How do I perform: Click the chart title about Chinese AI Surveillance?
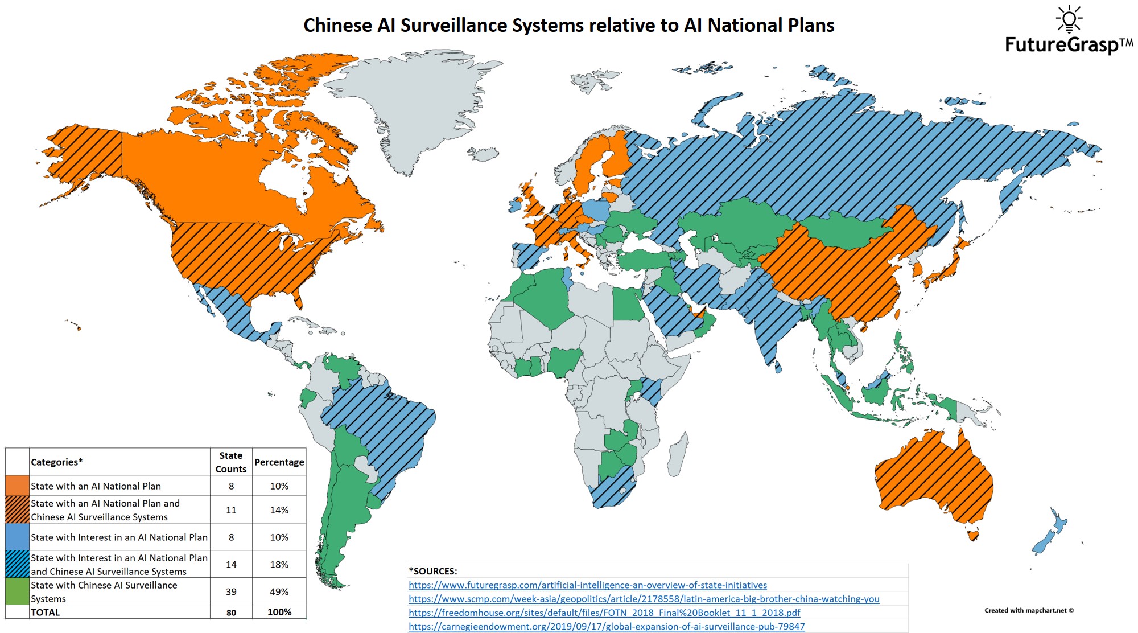pos(568,26)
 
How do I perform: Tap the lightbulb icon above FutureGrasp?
pos(1069,19)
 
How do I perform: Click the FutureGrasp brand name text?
pos(1062,45)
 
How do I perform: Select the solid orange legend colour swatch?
pos(17,486)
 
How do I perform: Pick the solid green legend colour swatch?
pos(17,591)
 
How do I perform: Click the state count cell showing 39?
pos(231,591)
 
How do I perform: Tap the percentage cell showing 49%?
pos(279,591)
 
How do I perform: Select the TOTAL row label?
pos(46,613)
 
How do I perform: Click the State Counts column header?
pos(231,462)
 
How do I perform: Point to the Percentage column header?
pos(279,462)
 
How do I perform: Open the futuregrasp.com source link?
pos(587,585)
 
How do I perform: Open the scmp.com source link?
pos(644,599)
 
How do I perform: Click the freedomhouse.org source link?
pos(604,613)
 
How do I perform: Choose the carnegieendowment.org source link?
pos(607,626)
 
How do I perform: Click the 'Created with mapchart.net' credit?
pos(1029,610)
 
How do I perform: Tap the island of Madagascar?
pos(677,455)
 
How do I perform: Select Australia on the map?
pos(933,478)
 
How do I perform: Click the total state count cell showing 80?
pos(231,613)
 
